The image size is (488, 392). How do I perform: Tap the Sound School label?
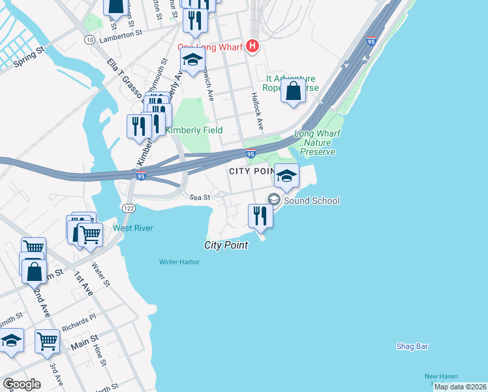tap(311, 201)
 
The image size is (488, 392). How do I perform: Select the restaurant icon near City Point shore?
tap(260, 216)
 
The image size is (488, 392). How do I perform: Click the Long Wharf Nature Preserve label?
tap(314, 143)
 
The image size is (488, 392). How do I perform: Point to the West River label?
tap(132, 228)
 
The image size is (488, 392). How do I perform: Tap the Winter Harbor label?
tap(179, 262)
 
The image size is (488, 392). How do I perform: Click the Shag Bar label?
tap(412, 346)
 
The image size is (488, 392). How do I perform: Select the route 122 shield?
tap(128, 206)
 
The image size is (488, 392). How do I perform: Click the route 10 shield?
tap(89, 40)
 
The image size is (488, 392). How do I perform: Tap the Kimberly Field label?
tap(194, 130)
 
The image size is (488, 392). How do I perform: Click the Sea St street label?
tap(200, 197)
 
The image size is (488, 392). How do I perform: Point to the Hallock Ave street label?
tap(256, 110)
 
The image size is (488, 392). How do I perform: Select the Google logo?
tap(22, 384)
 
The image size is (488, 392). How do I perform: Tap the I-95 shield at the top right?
tap(372, 41)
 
